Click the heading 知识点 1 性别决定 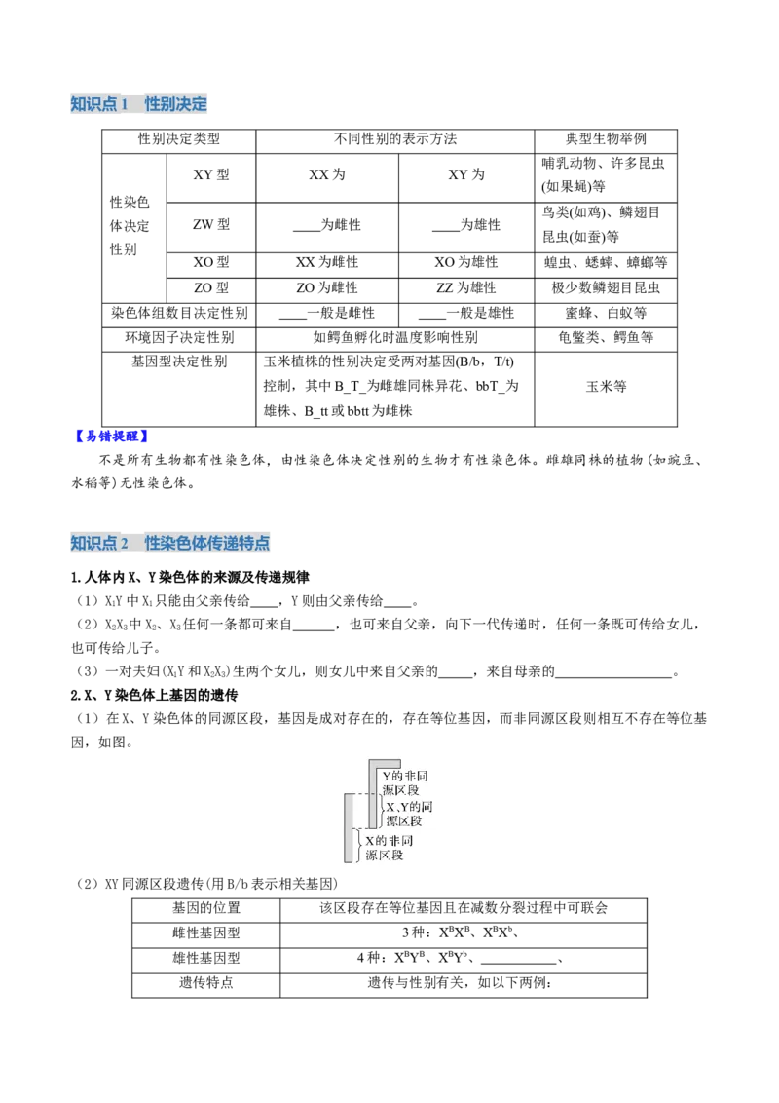138,104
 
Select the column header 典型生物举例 606,139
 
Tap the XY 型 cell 211,174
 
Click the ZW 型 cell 211,224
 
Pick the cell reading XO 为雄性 466,262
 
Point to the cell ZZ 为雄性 466,287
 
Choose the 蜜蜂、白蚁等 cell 606,313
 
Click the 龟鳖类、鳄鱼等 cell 606,338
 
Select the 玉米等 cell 606,386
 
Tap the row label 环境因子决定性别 179,338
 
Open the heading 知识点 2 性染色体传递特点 170,543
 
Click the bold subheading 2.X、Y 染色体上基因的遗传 154,695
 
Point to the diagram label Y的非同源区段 405,783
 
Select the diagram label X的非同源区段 389,848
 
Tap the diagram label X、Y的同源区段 409,814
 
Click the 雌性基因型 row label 206,932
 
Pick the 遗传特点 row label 206,983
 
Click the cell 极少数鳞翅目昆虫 606,287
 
